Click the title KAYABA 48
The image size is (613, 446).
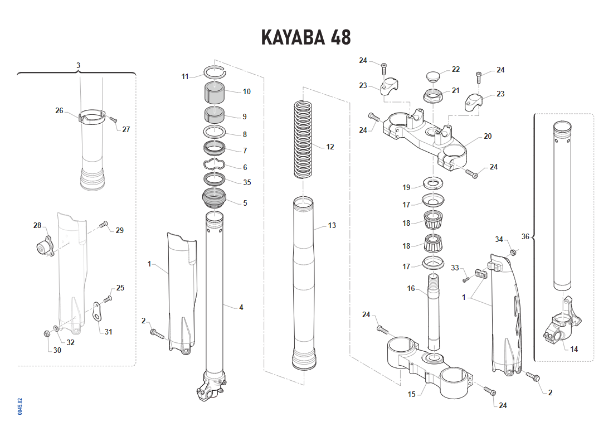coord(306,37)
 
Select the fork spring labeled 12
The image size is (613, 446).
coord(304,138)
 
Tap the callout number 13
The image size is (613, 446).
coord(332,226)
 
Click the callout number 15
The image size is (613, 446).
coord(411,394)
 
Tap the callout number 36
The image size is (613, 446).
coord(525,236)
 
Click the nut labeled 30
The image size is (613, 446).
coord(46,333)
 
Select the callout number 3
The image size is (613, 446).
coord(78,65)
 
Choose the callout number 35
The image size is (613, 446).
coord(247,182)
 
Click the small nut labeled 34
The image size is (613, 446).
coord(514,253)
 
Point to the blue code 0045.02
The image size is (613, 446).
coord(20,406)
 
